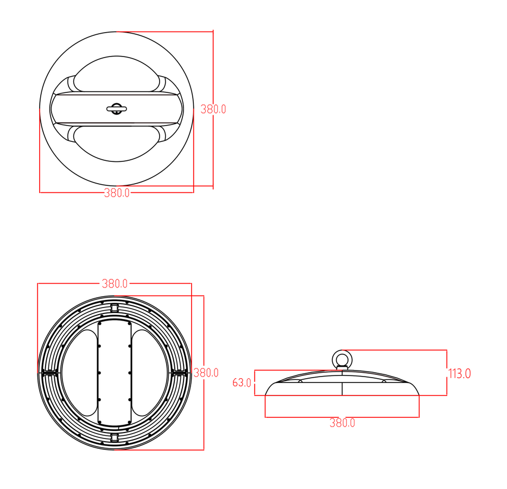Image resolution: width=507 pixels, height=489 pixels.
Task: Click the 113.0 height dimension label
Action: [459, 374]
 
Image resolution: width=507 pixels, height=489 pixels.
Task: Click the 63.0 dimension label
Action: [242, 383]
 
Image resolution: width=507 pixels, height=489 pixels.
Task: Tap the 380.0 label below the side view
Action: [342, 423]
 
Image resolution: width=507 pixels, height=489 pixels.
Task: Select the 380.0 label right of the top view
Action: [213, 109]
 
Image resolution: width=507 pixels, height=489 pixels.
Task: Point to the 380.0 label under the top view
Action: [117, 193]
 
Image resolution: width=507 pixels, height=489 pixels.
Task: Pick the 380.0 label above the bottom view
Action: [115, 284]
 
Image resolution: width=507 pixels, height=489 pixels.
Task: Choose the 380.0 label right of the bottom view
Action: [206, 373]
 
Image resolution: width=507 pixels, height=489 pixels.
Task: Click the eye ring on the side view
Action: [341, 359]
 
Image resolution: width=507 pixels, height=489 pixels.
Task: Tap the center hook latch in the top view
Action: [116, 109]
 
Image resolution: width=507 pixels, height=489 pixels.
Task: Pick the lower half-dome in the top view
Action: [116, 142]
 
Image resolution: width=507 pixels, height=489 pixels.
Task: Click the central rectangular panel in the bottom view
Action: [115, 372]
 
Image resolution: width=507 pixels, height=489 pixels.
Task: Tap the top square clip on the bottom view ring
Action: [115, 308]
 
